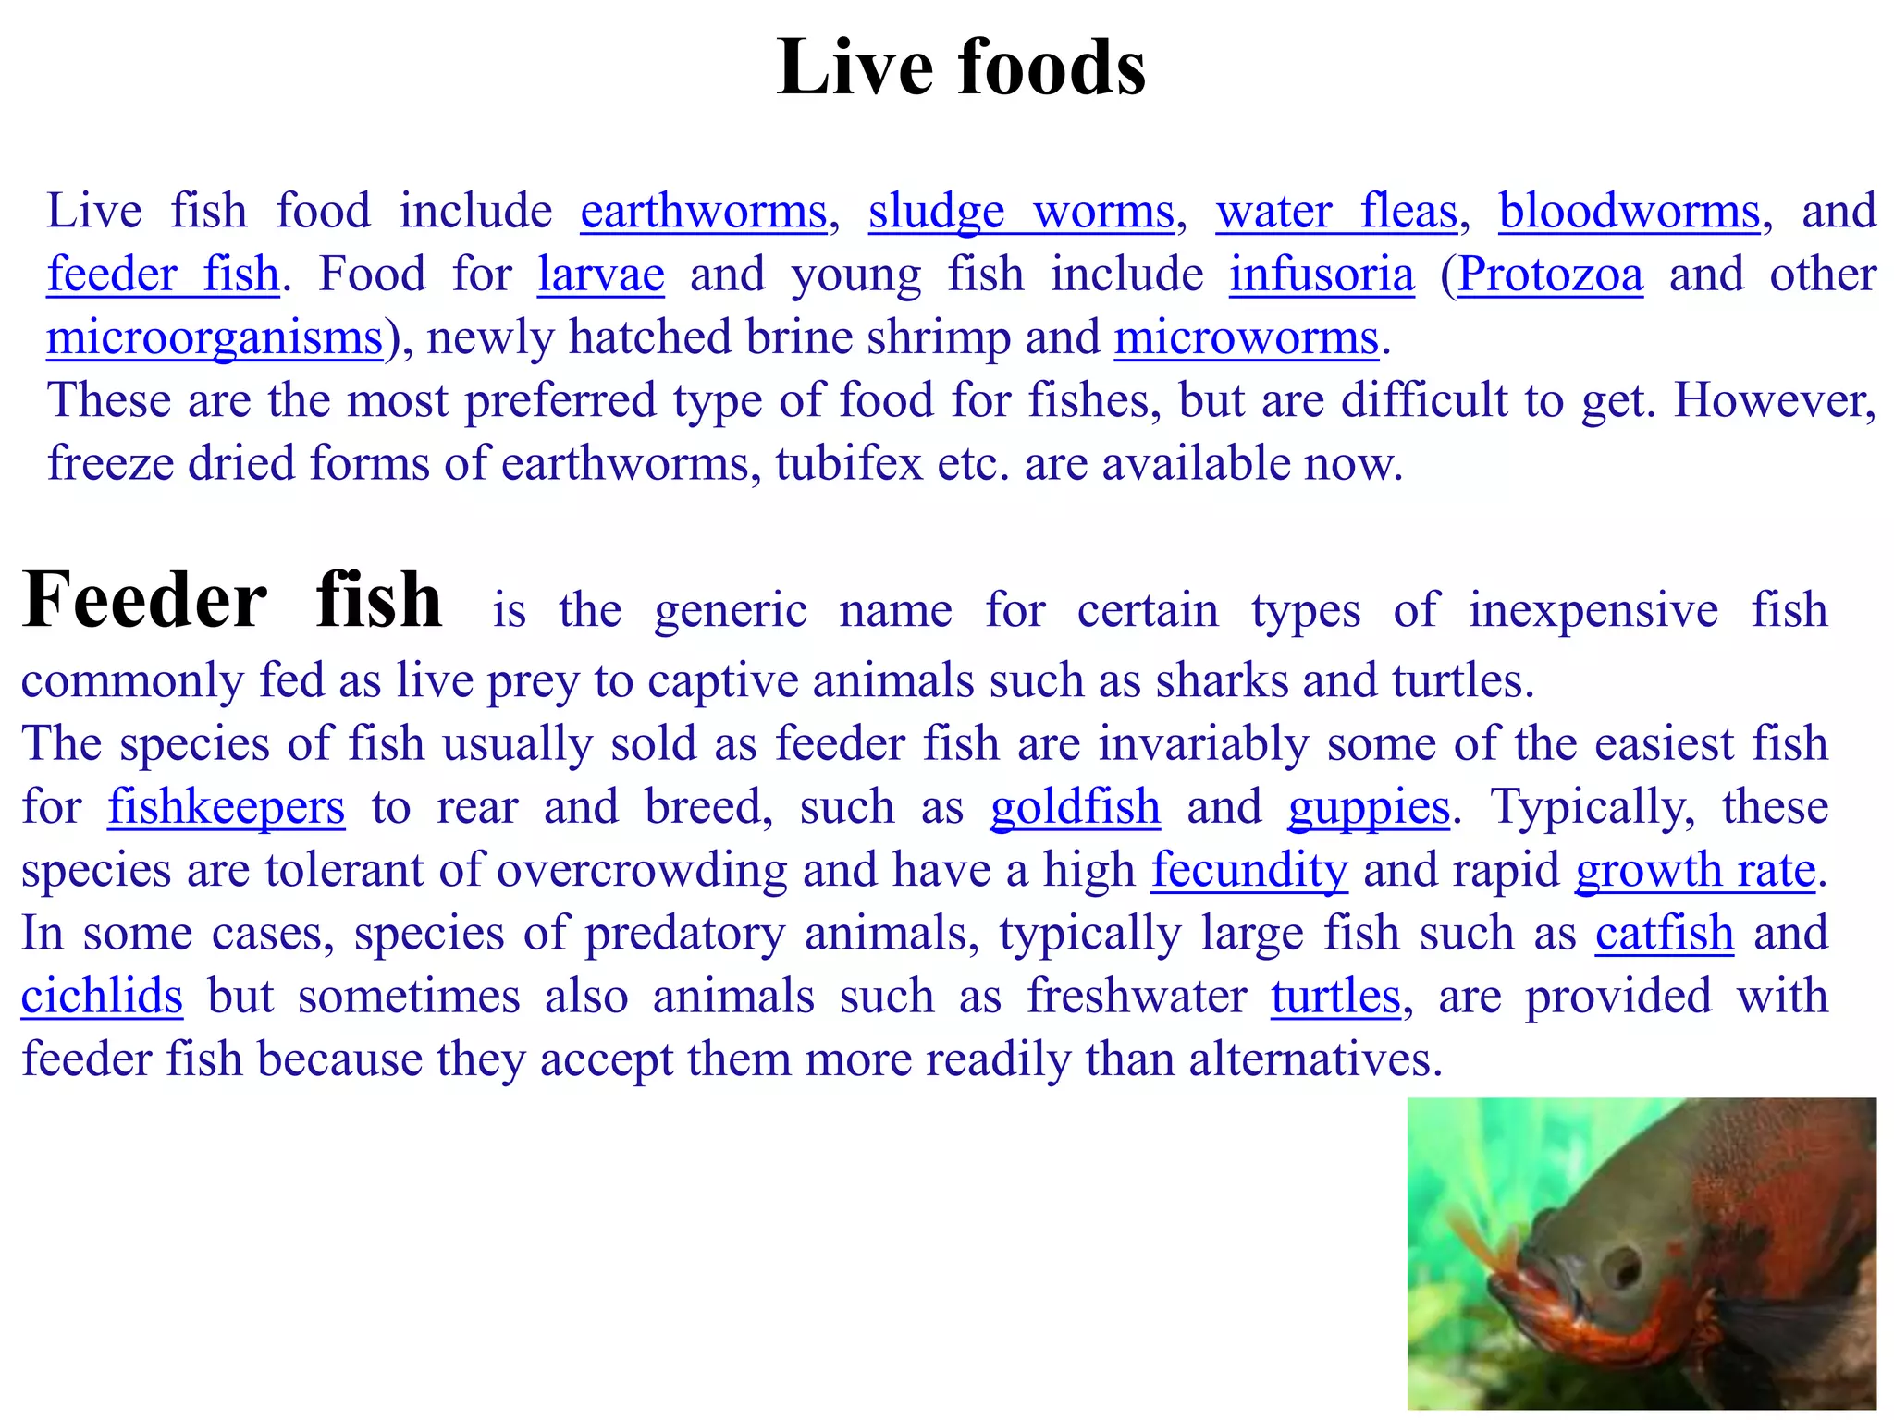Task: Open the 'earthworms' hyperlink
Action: (703, 211)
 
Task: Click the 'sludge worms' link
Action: (1021, 211)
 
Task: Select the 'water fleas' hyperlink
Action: (1336, 211)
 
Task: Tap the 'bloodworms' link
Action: (1629, 211)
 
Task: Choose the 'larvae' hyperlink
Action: (601, 274)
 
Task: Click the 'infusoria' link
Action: (1322, 274)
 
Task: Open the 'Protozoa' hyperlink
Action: (1551, 274)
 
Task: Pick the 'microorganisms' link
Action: (215, 337)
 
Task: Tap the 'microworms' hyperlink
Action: (1246, 337)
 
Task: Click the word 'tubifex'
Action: (849, 463)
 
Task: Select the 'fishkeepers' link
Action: (227, 806)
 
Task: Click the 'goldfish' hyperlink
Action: (1075, 806)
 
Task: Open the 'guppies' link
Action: (1369, 806)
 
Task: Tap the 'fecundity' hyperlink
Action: (1249, 870)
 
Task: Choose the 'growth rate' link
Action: (1695, 870)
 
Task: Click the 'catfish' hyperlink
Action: (1664, 933)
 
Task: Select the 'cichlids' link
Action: (102, 996)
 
